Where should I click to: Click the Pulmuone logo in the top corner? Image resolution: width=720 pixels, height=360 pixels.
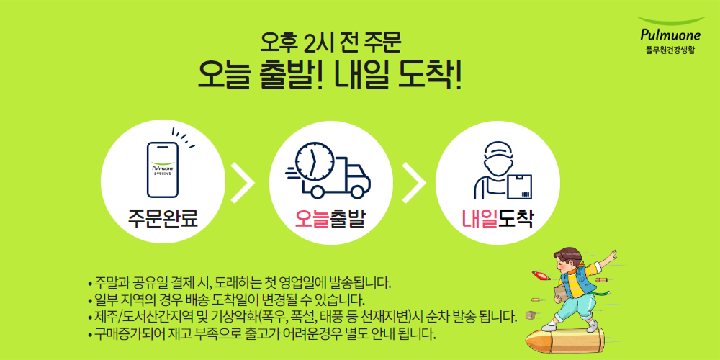point(671,35)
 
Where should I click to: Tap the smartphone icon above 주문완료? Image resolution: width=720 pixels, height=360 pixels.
point(163,169)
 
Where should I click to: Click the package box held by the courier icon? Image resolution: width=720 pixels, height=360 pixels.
point(520,186)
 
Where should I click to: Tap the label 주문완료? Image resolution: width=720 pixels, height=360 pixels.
point(163,220)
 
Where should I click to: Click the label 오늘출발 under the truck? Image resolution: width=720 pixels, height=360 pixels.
point(330,220)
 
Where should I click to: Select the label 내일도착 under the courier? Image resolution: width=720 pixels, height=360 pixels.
point(498,220)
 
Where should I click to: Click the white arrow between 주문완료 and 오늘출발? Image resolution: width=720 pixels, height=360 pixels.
point(243,183)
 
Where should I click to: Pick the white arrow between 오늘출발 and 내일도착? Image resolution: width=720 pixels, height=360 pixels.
point(414,183)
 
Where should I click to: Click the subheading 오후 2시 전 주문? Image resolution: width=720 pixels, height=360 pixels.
point(330,42)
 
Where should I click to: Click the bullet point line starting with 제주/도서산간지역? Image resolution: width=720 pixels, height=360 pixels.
point(301,316)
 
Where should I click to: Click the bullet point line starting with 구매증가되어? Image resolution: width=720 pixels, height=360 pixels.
point(261,333)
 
